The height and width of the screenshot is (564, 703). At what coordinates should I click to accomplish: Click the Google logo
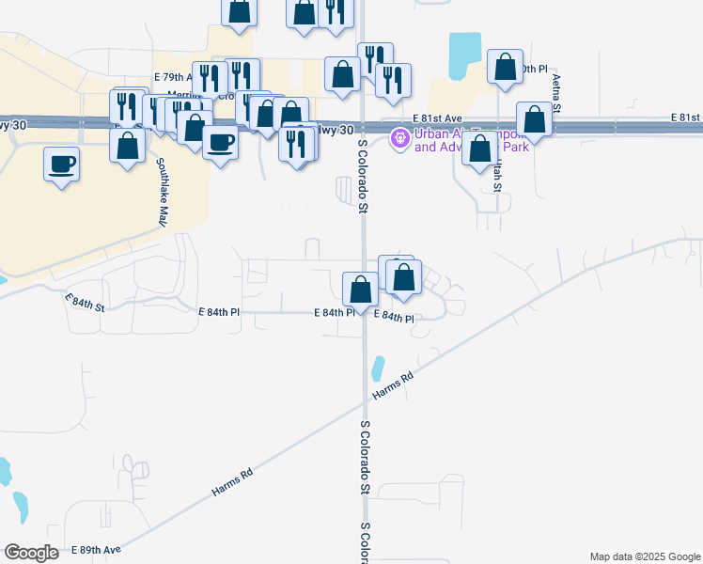pos(31,553)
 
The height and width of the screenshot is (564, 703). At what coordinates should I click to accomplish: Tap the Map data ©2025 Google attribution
pos(644,556)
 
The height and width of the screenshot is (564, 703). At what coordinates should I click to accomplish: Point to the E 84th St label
pos(85,302)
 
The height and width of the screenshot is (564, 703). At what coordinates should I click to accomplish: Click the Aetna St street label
pos(556,93)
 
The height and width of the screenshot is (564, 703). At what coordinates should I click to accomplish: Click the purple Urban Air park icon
pos(400,139)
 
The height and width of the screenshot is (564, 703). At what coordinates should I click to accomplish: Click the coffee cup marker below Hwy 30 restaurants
pos(220,142)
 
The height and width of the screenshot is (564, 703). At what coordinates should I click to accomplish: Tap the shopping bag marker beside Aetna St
pos(534,119)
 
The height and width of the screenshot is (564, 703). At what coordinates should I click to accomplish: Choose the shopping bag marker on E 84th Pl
pos(360,289)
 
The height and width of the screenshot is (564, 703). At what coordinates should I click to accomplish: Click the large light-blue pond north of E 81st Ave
pos(464,55)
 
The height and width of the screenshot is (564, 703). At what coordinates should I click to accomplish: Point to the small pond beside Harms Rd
pos(378,367)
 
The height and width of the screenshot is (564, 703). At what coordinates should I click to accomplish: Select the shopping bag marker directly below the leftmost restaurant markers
pos(127,146)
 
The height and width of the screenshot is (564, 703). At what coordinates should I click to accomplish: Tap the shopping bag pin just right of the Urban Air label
pos(480,148)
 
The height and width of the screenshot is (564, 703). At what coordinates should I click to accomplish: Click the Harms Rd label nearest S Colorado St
pos(393,385)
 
